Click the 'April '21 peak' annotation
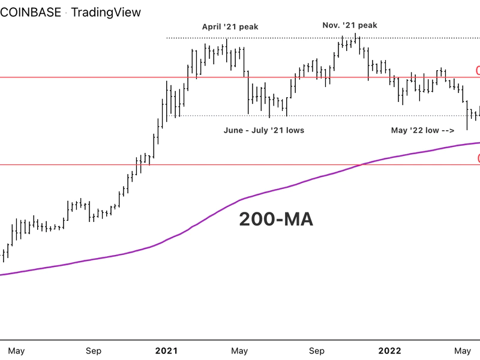(230, 26)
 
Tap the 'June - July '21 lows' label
(264, 130)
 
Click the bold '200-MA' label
(276, 220)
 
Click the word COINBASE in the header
(30, 12)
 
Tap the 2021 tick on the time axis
(167, 349)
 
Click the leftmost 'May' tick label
(17, 349)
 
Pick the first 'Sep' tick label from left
(93, 349)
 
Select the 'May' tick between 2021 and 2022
(240, 349)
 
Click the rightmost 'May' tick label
(463, 349)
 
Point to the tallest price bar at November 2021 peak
(356, 43)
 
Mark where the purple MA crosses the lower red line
(361, 164)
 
